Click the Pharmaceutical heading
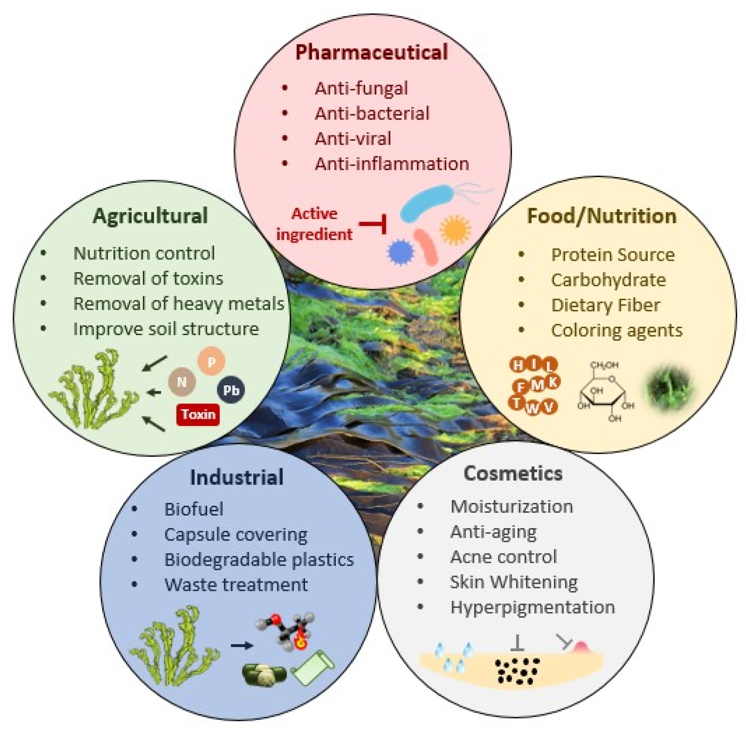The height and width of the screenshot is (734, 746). point(371,52)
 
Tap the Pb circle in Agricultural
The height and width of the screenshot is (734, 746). point(231,390)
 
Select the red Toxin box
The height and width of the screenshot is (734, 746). point(198,414)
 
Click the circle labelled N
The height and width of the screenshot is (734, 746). point(182,382)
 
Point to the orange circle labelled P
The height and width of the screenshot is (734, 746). point(212,361)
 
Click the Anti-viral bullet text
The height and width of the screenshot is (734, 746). point(353,139)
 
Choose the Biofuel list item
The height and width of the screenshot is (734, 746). point(193,509)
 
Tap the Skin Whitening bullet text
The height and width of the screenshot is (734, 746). point(513,582)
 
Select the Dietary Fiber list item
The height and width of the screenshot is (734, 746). point(605,305)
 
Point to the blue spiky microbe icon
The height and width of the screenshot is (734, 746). point(400,252)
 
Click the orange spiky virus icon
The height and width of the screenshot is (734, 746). point(455,230)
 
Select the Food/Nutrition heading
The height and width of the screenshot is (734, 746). point(601,216)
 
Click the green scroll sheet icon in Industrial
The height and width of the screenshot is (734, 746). point(312,668)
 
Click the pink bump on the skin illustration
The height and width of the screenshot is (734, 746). point(580,647)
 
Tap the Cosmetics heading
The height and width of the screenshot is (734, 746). point(513,473)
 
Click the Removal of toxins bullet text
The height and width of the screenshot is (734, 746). point(148,278)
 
